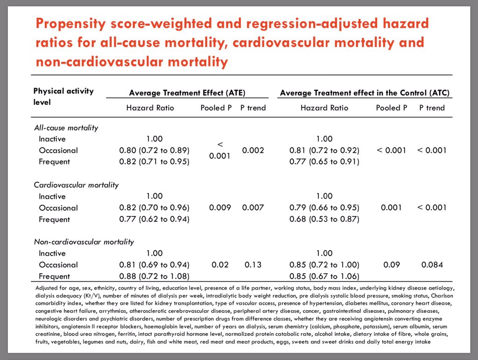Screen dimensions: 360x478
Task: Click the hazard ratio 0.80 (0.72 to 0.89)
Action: (x=154, y=150)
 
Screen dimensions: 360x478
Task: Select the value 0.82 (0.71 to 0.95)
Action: (x=154, y=162)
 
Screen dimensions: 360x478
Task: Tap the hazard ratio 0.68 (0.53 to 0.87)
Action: (x=324, y=219)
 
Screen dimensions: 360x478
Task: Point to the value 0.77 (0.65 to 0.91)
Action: (x=324, y=162)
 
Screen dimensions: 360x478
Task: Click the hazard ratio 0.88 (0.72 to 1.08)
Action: (x=154, y=276)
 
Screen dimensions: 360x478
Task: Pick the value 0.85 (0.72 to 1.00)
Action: (x=324, y=265)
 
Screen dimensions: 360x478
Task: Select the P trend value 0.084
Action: (x=432, y=265)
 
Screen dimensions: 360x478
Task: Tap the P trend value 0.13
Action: (x=253, y=265)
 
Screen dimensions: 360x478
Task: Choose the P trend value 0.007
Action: (x=253, y=208)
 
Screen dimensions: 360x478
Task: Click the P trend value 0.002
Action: (x=253, y=150)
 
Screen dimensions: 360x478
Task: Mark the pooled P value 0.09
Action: (x=391, y=265)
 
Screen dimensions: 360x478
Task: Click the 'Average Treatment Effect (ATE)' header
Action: (x=187, y=93)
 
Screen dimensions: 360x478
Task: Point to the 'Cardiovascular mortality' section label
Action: (x=76, y=185)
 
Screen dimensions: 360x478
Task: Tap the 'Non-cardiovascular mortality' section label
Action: (x=84, y=242)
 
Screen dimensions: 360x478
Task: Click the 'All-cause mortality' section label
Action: (x=66, y=127)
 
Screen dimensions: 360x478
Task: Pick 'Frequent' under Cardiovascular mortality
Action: (x=54, y=219)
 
